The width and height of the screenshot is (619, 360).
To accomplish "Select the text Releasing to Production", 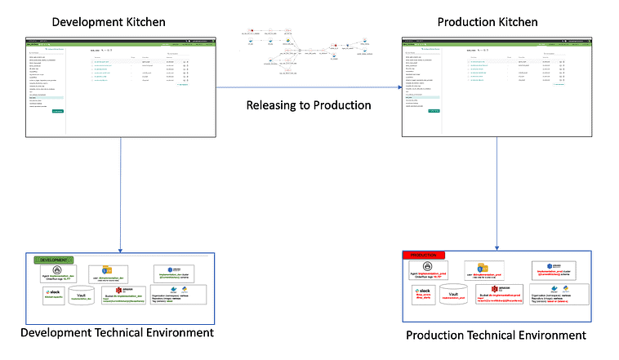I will coord(309,105).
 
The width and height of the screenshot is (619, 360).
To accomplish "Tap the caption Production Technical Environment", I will coord(496,336).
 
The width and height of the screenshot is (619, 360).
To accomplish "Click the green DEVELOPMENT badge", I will coord(53,260).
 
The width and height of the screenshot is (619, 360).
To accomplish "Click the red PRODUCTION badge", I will coord(425,256).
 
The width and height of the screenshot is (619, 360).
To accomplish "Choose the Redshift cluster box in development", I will coord(176,273).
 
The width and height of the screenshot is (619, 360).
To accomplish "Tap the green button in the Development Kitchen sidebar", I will coord(58,111).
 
